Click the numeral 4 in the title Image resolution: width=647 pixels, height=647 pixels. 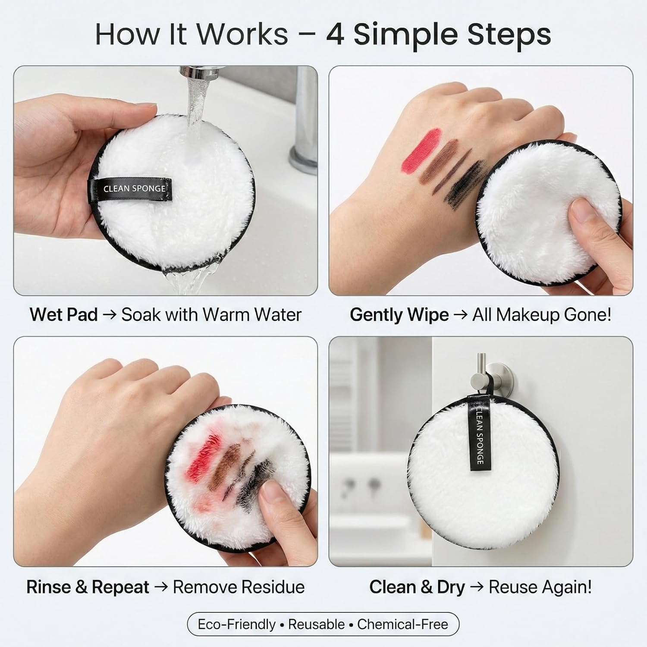pyautogui.click(x=335, y=34)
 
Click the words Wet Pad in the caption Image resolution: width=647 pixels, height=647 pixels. pyautogui.click(x=64, y=314)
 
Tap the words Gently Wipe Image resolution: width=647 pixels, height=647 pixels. pyautogui.click(x=399, y=315)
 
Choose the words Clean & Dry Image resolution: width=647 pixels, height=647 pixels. pyautogui.click(x=417, y=587)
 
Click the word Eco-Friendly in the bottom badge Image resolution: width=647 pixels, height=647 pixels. pyautogui.click(x=236, y=624)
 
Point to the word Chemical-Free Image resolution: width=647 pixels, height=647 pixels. pyautogui.click(x=403, y=624)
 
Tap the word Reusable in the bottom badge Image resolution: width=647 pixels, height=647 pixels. pyautogui.click(x=317, y=624)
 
